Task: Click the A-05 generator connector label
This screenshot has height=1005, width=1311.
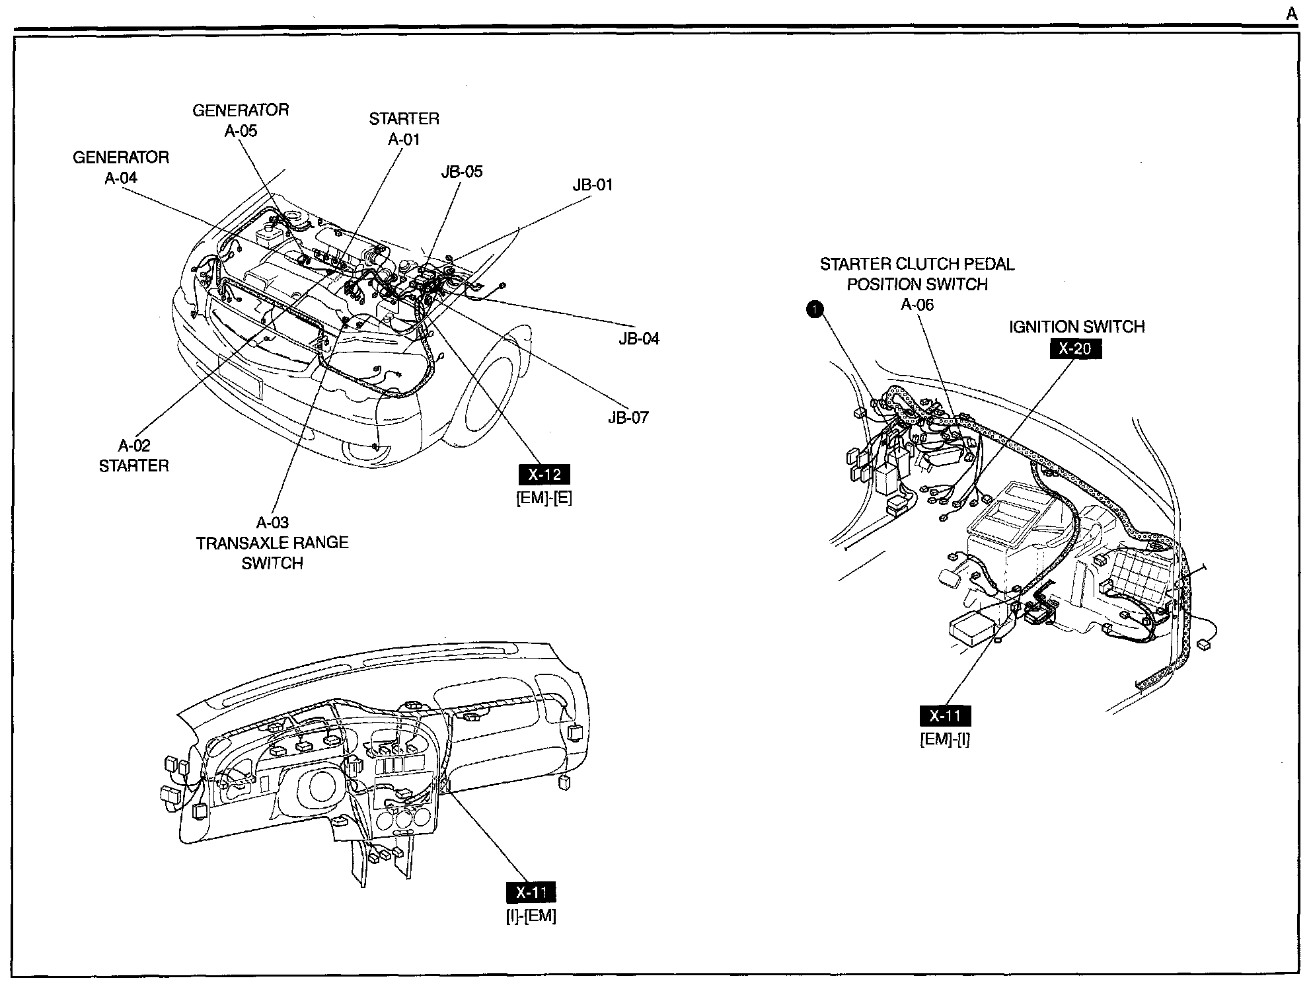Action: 241,131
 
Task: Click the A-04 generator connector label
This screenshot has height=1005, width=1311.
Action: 121,178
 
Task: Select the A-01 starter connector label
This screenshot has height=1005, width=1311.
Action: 404,140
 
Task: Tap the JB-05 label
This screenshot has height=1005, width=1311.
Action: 462,172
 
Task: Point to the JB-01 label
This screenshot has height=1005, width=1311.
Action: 593,185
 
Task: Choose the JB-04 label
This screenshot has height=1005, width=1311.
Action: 639,339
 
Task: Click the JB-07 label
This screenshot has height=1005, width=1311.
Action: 628,418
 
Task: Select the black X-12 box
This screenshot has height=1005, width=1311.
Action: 544,474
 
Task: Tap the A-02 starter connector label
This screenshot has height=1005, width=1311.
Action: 134,446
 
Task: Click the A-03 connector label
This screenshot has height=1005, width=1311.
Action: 272,523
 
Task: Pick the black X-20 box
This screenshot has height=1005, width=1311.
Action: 1076,348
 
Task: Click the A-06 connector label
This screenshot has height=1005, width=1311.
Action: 917,305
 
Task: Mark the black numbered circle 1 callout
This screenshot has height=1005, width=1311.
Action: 816,309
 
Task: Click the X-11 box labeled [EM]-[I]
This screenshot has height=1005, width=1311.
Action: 945,715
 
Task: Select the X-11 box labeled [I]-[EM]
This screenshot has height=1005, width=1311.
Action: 531,893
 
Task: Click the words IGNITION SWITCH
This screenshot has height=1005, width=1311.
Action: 1076,327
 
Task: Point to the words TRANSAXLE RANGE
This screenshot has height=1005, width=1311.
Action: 272,543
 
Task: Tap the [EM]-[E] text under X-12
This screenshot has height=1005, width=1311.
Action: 544,498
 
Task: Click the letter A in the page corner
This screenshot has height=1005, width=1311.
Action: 1291,15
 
